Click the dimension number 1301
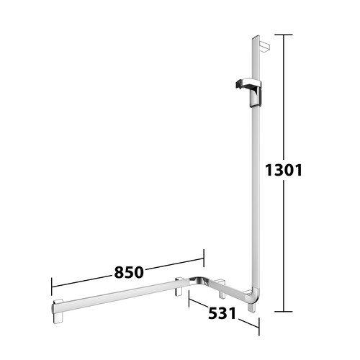pos(284,171)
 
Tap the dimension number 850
pos(129,272)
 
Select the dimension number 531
pos(222,313)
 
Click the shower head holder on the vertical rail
pos(249,92)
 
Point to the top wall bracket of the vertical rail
pos(264,47)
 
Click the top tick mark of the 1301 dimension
pos(284,35)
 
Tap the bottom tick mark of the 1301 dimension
pos(284,312)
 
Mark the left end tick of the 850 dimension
pos(52,287)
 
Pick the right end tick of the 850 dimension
pos(204,258)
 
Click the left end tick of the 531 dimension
pos(189,299)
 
